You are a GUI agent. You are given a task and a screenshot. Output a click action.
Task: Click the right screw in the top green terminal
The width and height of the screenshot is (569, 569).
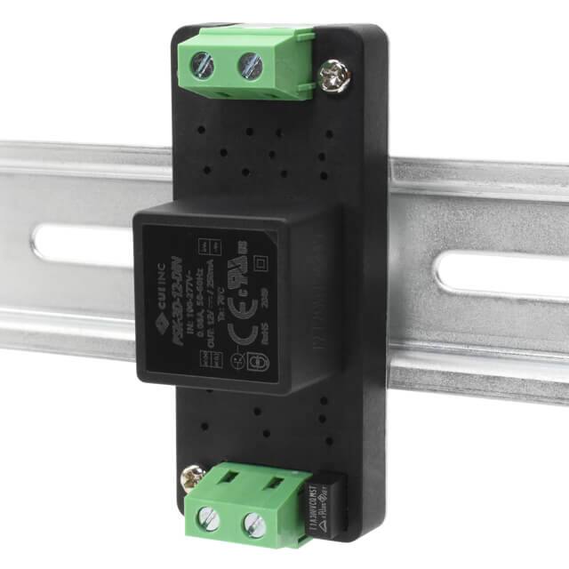(250, 64)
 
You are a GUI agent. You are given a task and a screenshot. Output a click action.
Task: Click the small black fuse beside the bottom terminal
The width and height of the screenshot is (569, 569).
(325, 503)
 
